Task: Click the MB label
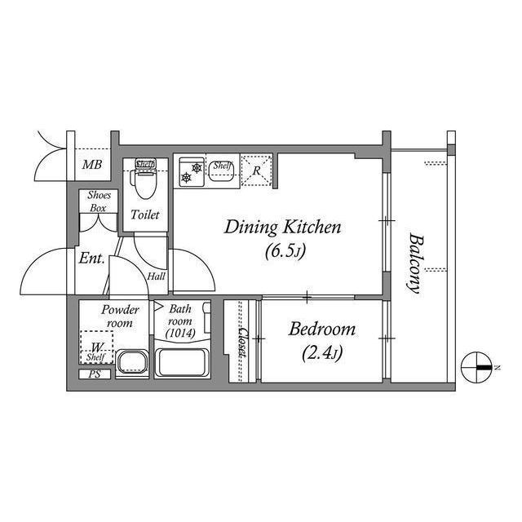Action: pos(92,166)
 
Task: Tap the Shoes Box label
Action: pos(99,202)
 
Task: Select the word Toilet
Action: pos(145,215)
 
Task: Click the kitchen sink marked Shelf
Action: pos(221,169)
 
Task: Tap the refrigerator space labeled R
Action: pos(256,170)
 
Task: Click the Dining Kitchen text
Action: pos(282,227)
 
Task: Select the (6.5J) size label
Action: pos(284,251)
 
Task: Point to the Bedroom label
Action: pos(322,330)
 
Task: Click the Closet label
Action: pos(242,343)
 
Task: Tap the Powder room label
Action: pos(120,316)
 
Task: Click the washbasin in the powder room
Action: pos(131,363)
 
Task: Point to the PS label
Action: pos(94,375)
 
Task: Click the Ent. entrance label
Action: pos(91,259)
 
